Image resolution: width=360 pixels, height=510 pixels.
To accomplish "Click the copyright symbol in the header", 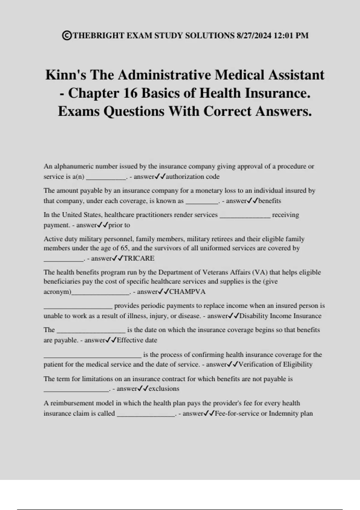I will click(x=67, y=35).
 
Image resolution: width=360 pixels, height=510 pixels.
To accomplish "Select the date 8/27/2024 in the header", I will click(x=254, y=35).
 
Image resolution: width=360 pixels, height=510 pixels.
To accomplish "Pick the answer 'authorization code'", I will click(x=193, y=176).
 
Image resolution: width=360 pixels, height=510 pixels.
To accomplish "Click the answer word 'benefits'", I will click(x=270, y=201).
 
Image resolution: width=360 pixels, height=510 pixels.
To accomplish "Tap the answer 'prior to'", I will click(x=119, y=225).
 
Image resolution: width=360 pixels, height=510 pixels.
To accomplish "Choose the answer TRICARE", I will click(x=139, y=258).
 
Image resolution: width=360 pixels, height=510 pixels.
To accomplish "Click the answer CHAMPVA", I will click(x=187, y=292).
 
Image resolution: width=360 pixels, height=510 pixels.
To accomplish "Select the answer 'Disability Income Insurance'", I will click(x=280, y=316).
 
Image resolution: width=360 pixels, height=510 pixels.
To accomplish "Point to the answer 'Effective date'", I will click(x=137, y=340).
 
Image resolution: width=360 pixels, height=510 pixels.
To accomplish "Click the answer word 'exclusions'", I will click(x=164, y=389).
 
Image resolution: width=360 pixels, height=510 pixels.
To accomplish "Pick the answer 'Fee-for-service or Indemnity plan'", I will click(x=264, y=413).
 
